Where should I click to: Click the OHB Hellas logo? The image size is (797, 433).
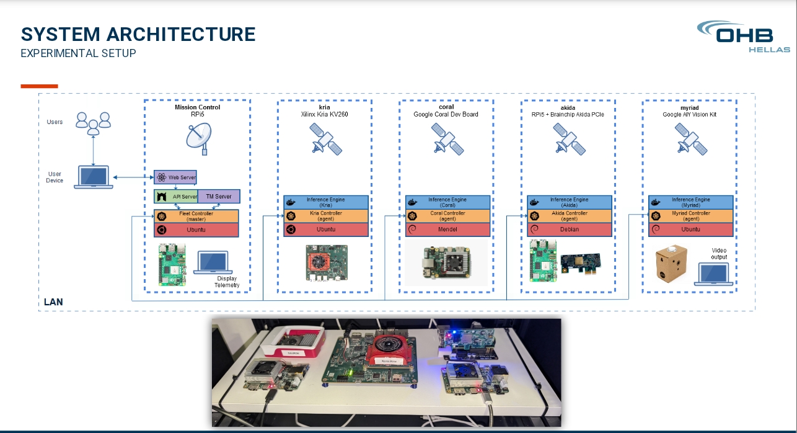743,37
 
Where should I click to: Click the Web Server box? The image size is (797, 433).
175,177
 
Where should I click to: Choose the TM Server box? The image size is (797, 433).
218,196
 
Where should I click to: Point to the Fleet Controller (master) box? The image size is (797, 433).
196,216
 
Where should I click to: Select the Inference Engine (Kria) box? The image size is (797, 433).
326,202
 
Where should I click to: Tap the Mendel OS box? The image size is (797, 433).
447,230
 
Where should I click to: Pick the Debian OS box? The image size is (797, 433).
569,230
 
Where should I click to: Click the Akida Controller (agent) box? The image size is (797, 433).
569,216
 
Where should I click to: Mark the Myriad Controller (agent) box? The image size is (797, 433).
690,216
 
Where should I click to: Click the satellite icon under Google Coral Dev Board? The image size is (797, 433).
447,139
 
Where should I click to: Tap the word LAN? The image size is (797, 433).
53,302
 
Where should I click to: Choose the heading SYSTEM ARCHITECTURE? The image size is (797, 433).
138,34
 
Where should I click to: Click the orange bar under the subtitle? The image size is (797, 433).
39,86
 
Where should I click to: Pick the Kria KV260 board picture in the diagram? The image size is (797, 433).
326,263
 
